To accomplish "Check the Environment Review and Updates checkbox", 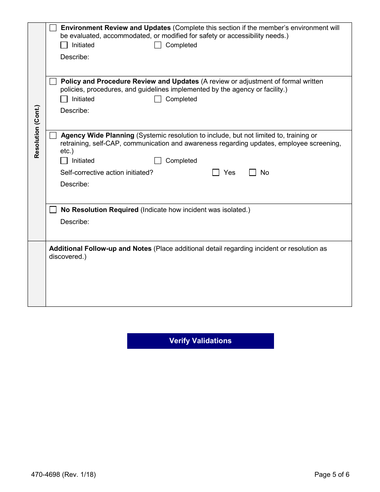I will [x=53, y=28].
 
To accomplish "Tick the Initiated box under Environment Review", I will [x=64, y=45].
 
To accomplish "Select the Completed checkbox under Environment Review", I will [x=158, y=45].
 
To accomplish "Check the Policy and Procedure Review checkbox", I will [x=53, y=82].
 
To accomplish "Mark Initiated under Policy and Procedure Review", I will [x=64, y=99].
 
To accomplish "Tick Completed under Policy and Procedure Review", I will [x=158, y=99].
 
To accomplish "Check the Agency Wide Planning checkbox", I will [x=53, y=136].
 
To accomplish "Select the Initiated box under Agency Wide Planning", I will [x=64, y=161].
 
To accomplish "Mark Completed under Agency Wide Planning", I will [x=158, y=161].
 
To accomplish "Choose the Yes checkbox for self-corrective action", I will [x=216, y=173].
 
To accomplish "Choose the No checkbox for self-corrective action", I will [x=252, y=173].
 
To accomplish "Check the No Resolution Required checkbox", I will [x=53, y=210].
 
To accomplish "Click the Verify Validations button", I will [x=200, y=341].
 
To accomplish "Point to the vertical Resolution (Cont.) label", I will [x=37, y=132].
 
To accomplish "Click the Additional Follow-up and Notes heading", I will [x=100, y=249].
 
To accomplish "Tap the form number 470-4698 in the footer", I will [x=46, y=475].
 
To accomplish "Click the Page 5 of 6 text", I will [x=332, y=475].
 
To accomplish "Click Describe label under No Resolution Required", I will [x=75, y=222].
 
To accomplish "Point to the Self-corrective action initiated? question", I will [x=107, y=173].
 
